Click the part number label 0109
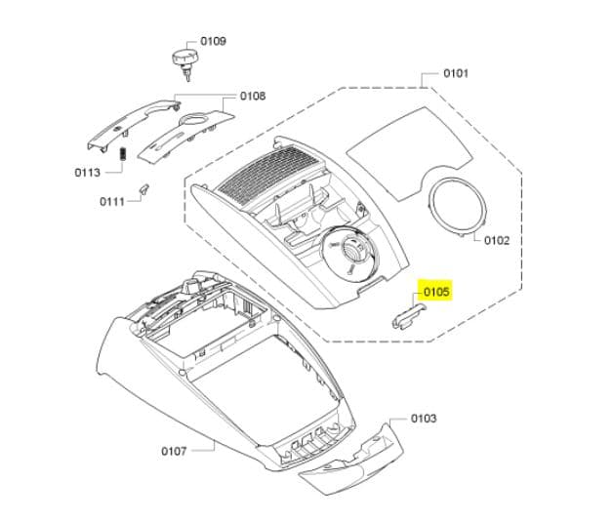[x=213, y=41]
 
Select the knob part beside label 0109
[x=184, y=62]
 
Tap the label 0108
[x=253, y=96]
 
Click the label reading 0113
[x=87, y=173]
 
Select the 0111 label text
[x=112, y=202]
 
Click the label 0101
[x=456, y=73]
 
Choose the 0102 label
[x=497, y=240]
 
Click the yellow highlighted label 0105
[x=436, y=292]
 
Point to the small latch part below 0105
[x=409, y=316]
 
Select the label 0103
[x=424, y=419]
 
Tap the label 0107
[x=174, y=452]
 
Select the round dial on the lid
[x=349, y=253]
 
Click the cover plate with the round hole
[x=185, y=136]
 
